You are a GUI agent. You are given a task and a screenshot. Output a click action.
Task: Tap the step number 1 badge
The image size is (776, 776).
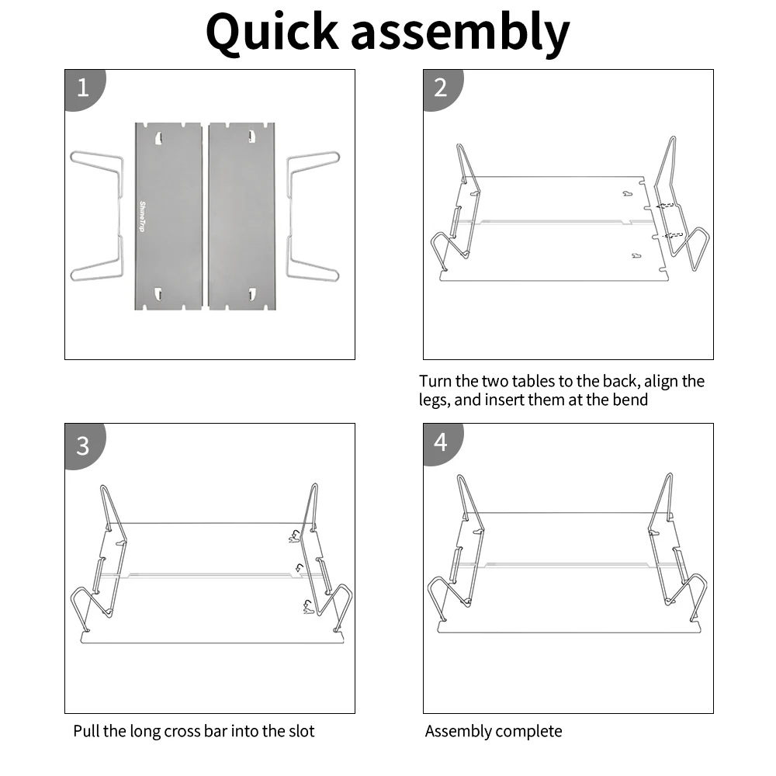(x=83, y=87)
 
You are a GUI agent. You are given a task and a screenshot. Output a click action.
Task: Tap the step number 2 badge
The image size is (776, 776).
(x=441, y=87)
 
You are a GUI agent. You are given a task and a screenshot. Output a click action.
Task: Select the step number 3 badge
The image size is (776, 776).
(x=83, y=446)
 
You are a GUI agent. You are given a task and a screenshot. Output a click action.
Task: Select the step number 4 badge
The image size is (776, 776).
(x=441, y=442)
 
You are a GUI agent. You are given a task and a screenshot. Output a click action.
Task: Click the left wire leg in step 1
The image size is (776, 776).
(x=98, y=216)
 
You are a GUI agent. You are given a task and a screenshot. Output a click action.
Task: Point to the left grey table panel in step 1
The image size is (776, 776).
(x=168, y=233)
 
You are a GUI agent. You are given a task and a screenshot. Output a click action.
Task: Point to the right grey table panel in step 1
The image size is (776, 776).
(x=241, y=233)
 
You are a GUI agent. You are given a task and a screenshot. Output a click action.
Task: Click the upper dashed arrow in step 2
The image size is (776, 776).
(x=665, y=206)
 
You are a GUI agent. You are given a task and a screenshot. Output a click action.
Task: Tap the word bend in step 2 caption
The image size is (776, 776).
(x=629, y=400)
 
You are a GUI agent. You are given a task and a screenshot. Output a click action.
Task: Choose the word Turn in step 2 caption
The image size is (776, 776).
(x=435, y=381)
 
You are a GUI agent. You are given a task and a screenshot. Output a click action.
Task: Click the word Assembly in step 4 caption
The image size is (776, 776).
(x=458, y=731)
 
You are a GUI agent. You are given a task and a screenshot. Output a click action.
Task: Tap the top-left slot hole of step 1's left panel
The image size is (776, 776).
(x=158, y=138)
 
